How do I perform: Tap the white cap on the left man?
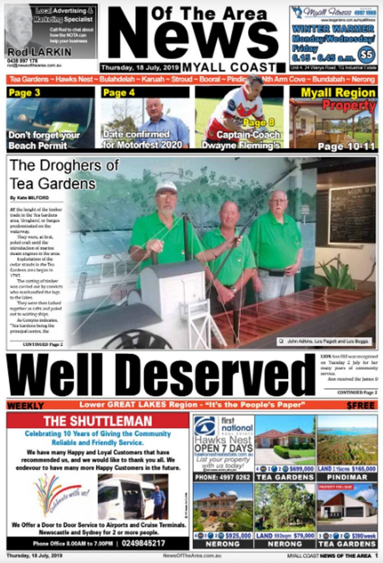click(x=166, y=187)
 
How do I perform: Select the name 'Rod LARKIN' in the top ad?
click(x=33, y=52)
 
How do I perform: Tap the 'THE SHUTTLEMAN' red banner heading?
click(x=98, y=421)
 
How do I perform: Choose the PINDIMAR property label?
click(x=347, y=477)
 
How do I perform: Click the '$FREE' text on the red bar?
click(x=361, y=406)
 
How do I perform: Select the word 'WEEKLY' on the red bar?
click(x=25, y=406)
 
